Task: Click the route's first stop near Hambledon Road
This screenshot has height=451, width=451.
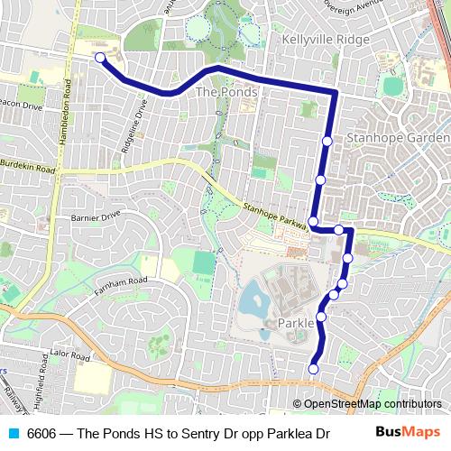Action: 100,59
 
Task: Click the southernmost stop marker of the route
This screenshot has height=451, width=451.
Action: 314,368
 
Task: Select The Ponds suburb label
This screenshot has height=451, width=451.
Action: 226,92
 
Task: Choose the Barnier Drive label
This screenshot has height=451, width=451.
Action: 95,216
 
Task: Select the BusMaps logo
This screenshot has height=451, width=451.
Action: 408,433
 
